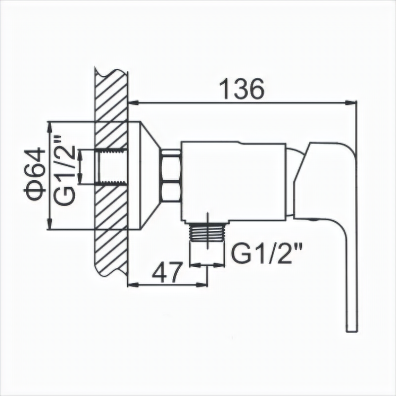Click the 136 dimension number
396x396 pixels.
coord(242,89)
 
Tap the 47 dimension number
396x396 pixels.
coord(167,273)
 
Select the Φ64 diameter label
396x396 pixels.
coord(35,174)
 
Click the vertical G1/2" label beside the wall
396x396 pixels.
coord(64,170)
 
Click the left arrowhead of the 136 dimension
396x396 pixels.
coord(134,103)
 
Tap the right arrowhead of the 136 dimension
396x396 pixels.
coord(350,102)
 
